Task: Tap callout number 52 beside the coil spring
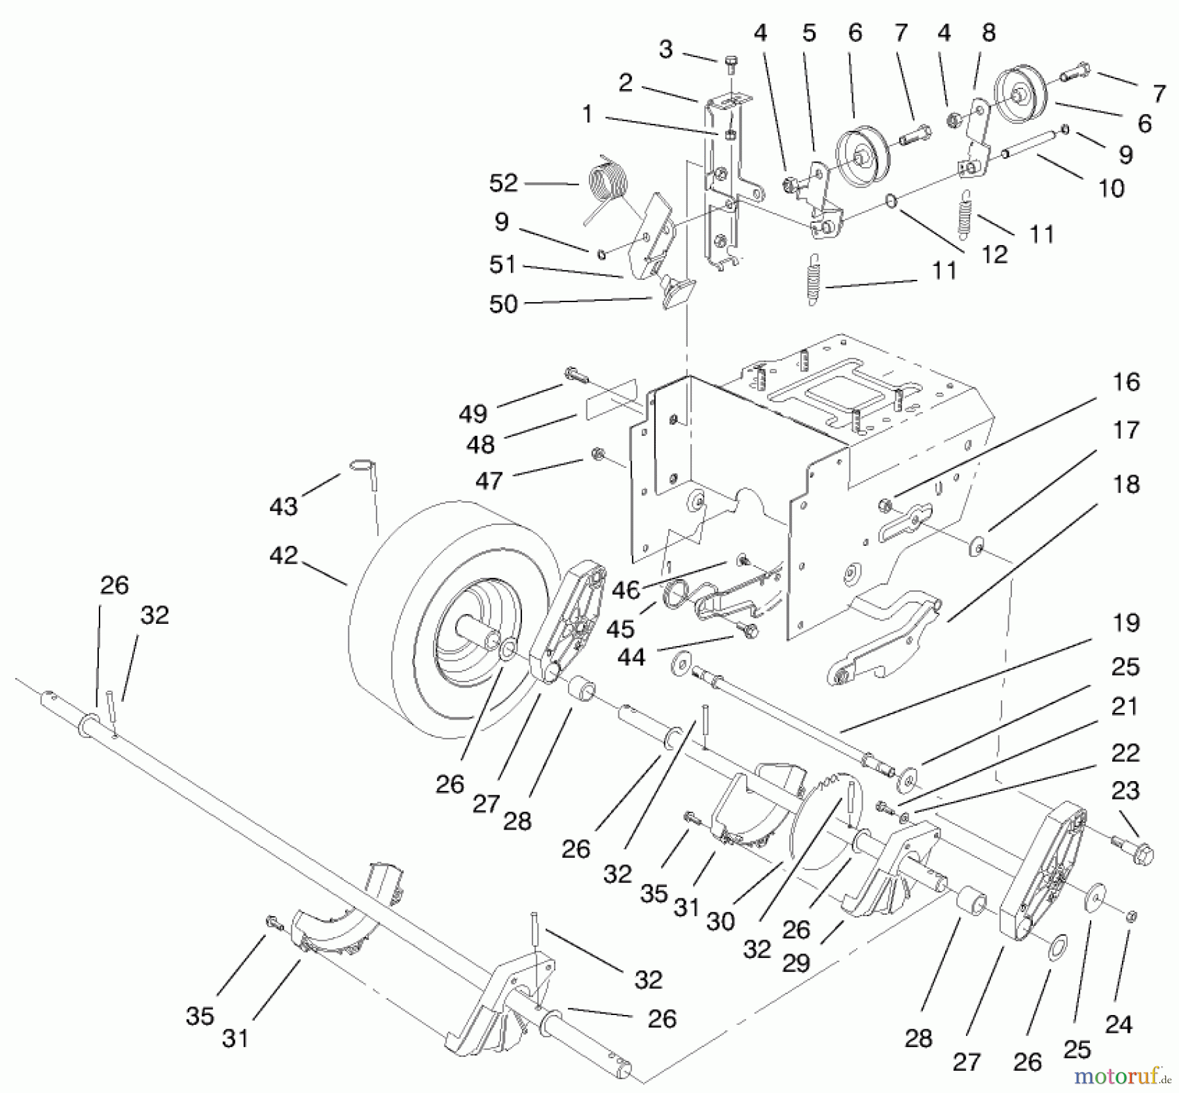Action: coord(503,183)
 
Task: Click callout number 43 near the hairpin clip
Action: coord(284,506)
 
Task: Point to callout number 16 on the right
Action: coord(1126,382)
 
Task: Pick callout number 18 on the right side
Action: coord(1126,485)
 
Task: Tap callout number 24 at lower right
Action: coord(1119,1024)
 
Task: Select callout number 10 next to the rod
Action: coord(1111,189)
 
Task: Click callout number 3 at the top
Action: coord(665,49)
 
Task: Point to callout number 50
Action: coord(503,304)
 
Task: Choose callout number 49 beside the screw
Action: coord(473,413)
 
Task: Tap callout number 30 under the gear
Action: coord(720,921)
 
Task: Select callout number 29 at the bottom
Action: coord(796,963)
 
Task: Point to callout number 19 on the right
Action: coord(1126,623)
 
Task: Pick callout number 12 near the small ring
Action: coord(994,254)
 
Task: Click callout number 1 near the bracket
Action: coord(587,114)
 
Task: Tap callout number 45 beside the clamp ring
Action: coord(620,629)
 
